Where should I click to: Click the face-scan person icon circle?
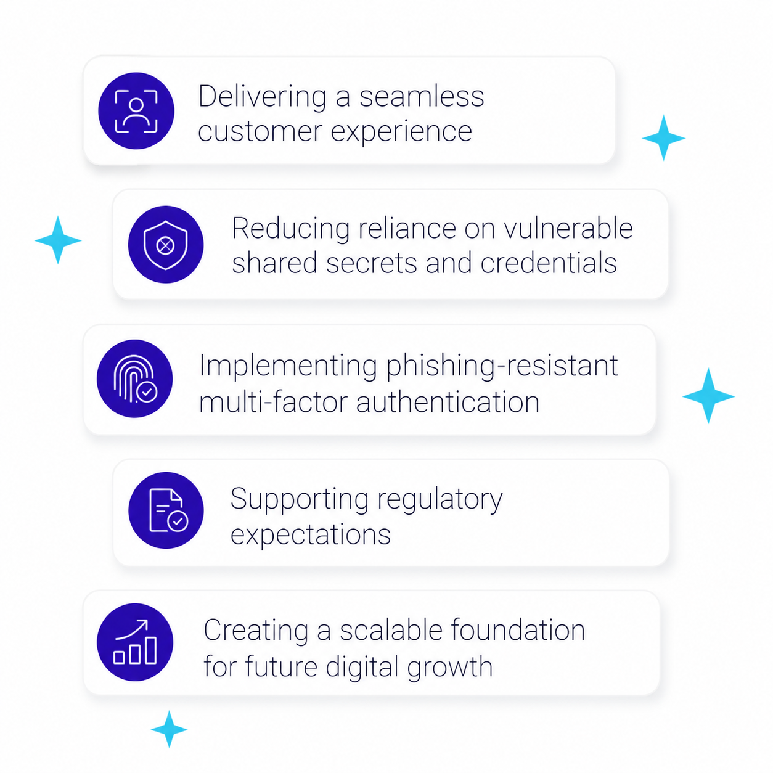click(136, 111)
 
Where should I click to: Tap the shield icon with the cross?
click(166, 244)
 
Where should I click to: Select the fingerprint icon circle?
click(135, 378)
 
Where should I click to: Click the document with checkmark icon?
click(166, 510)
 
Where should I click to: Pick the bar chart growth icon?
click(135, 642)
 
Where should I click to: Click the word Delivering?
click(263, 97)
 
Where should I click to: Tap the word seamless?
click(422, 97)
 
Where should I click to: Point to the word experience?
click(401, 132)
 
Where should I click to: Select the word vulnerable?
click(568, 228)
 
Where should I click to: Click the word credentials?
click(549, 263)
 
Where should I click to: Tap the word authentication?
click(448, 403)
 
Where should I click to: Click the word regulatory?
click(440, 500)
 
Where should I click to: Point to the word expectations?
click(311, 535)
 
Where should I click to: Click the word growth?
click(449, 668)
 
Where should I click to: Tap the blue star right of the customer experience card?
click(663, 137)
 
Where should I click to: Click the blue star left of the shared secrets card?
click(58, 240)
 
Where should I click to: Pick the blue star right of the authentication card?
click(708, 396)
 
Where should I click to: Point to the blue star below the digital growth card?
click(169, 729)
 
